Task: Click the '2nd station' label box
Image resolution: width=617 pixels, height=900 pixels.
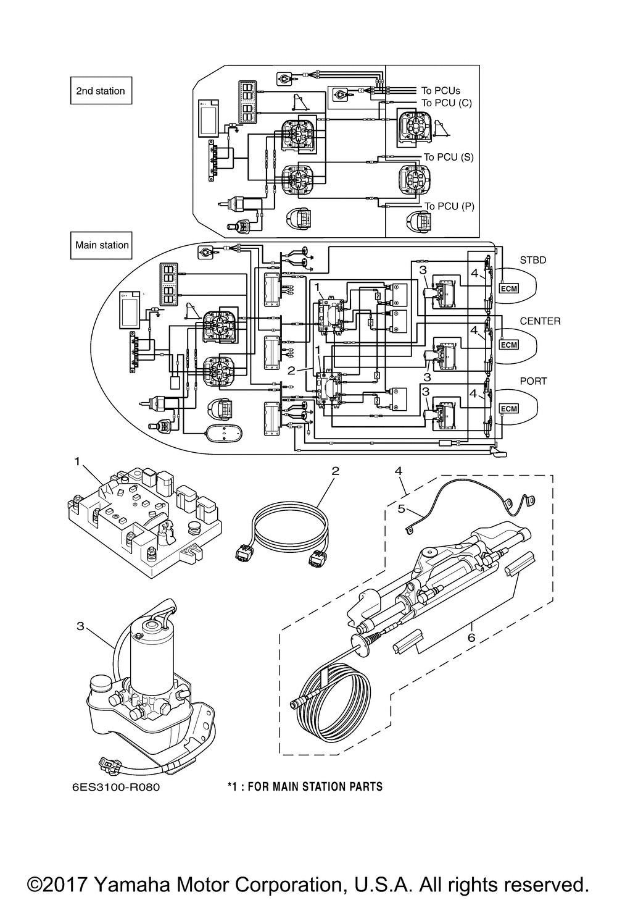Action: (101, 91)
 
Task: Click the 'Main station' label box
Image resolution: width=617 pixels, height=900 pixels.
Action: (101, 245)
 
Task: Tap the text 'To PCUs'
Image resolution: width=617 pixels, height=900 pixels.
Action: (441, 91)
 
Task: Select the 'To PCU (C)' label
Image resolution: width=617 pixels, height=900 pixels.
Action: (447, 103)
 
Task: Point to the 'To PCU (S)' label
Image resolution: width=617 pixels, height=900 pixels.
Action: (449, 157)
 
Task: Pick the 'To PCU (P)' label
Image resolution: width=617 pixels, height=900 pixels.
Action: (450, 206)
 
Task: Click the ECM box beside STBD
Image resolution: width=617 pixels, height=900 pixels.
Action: (508, 288)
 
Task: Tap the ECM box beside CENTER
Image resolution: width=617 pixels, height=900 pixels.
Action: (508, 344)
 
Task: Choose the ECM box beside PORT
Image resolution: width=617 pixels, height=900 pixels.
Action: (508, 409)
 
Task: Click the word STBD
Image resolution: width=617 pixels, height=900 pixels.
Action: (533, 260)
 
